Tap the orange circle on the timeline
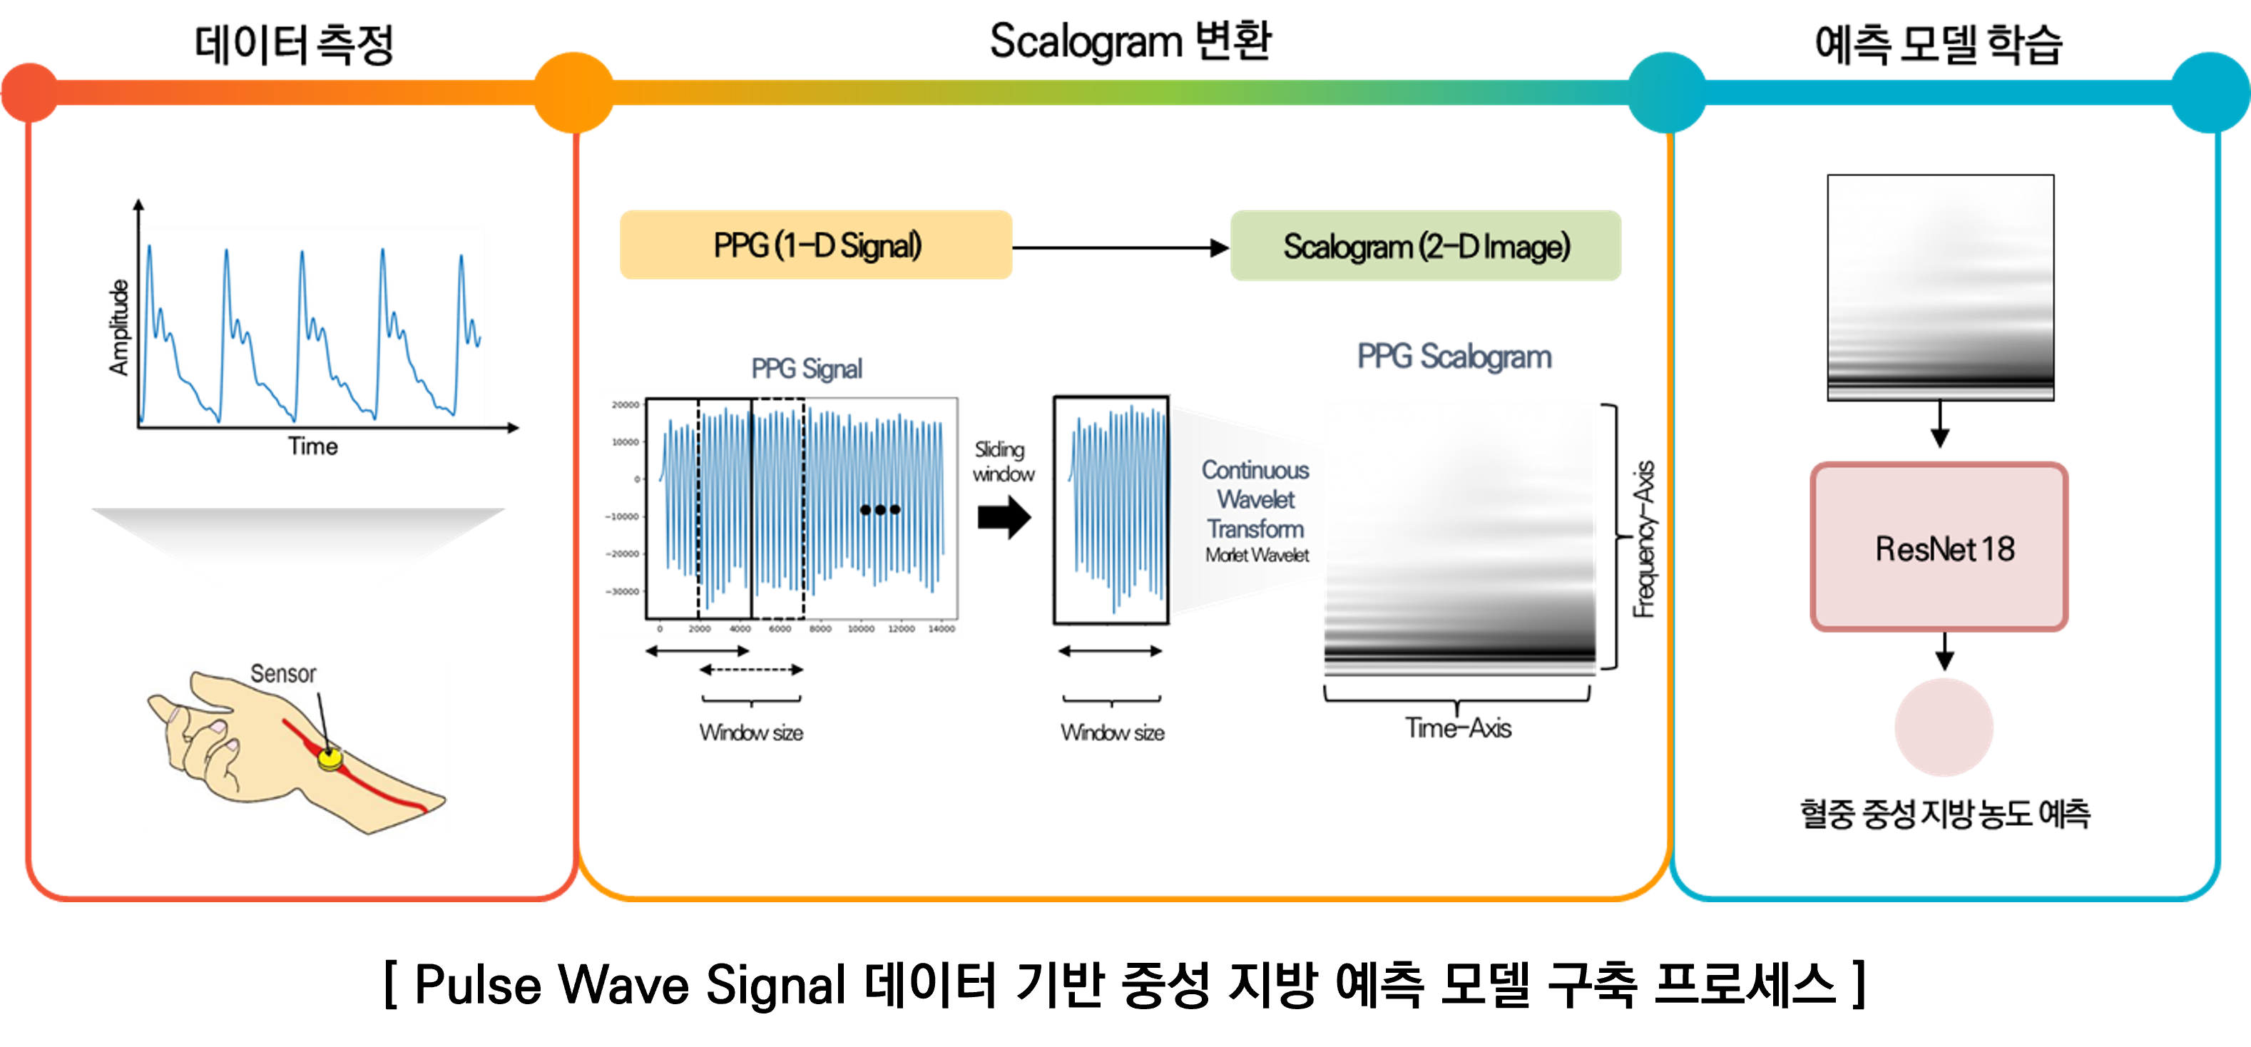(573, 92)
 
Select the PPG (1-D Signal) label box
(815, 245)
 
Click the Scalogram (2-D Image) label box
(1425, 245)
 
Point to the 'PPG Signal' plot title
(806, 369)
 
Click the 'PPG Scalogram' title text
(1454, 357)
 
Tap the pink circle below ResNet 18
(1944, 726)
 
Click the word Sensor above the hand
(283, 674)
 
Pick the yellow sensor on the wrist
(330, 757)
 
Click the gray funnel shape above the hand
(298, 544)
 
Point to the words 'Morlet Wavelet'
(1257, 555)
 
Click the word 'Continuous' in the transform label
(1255, 470)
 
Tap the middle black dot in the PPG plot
(880, 509)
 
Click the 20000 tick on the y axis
(626, 404)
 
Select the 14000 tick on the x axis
(941, 628)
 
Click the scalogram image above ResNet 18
(1940, 287)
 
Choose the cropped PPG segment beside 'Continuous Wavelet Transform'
(1111, 509)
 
